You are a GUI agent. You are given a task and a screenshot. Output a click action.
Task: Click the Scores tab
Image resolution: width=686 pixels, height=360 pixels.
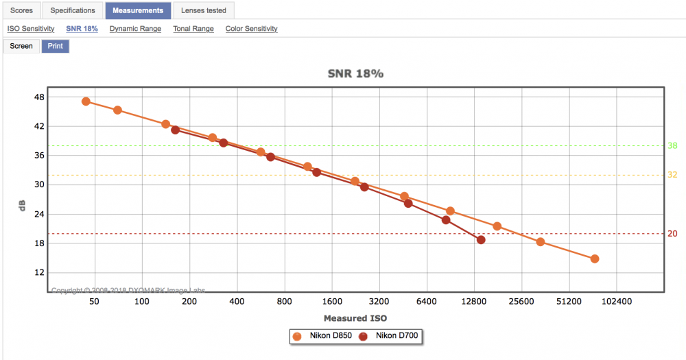21,10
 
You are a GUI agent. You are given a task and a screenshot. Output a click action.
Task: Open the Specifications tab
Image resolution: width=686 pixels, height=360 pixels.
73,10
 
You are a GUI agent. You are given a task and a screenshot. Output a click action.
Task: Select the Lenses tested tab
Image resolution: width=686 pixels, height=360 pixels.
204,10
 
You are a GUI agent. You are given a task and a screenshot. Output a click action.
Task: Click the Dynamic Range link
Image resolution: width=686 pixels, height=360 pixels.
135,29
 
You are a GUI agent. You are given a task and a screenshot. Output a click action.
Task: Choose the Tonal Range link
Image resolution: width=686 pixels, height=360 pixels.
193,29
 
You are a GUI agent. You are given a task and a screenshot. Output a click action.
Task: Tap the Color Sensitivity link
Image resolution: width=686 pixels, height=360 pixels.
252,29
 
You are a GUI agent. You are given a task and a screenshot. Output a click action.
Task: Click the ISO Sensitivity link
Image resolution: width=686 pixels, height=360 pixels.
31,29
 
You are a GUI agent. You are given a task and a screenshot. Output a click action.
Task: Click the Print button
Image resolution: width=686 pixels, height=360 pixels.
55,46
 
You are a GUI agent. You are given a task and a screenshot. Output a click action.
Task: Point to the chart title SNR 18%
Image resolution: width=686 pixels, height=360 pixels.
355,73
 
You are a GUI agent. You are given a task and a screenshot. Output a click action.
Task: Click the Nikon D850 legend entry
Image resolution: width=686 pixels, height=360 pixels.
322,336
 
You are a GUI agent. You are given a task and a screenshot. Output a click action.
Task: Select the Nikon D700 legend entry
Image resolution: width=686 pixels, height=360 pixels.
388,336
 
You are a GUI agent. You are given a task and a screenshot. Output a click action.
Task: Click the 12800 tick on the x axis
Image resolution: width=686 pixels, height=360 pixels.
474,302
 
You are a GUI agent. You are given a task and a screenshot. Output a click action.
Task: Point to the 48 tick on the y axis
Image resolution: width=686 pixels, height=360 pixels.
39,97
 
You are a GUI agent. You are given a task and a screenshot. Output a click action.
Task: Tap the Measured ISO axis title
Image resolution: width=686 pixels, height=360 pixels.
355,318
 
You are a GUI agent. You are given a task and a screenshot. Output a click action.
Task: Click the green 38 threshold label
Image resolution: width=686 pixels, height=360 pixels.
672,145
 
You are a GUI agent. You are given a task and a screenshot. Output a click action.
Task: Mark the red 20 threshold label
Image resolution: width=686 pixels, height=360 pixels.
672,234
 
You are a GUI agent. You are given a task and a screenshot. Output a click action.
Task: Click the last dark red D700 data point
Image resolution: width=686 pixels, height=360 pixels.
481,240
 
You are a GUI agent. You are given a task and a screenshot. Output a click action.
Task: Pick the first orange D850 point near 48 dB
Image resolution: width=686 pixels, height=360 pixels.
86,101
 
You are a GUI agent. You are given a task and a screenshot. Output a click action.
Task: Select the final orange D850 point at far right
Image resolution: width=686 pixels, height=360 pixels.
595,259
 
